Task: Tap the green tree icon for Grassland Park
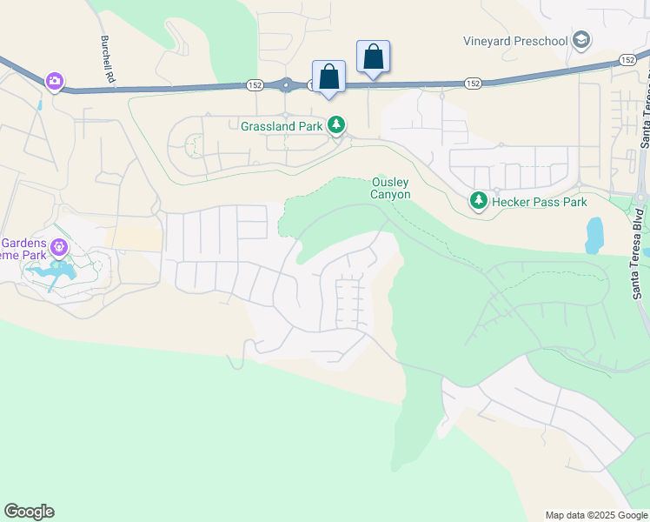337,125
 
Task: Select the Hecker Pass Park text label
540,202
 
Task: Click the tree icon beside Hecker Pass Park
478,202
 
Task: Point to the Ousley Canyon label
391,188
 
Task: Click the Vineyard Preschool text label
516,40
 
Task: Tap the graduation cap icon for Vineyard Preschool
581,40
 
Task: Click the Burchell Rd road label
107,60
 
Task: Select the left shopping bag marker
328,77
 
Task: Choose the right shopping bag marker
373,57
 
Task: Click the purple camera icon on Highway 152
55,81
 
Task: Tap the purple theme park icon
58,248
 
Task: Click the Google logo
30,512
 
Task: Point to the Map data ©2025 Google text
595,515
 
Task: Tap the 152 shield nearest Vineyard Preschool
628,59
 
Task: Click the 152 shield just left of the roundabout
255,84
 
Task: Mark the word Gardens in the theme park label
20,241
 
